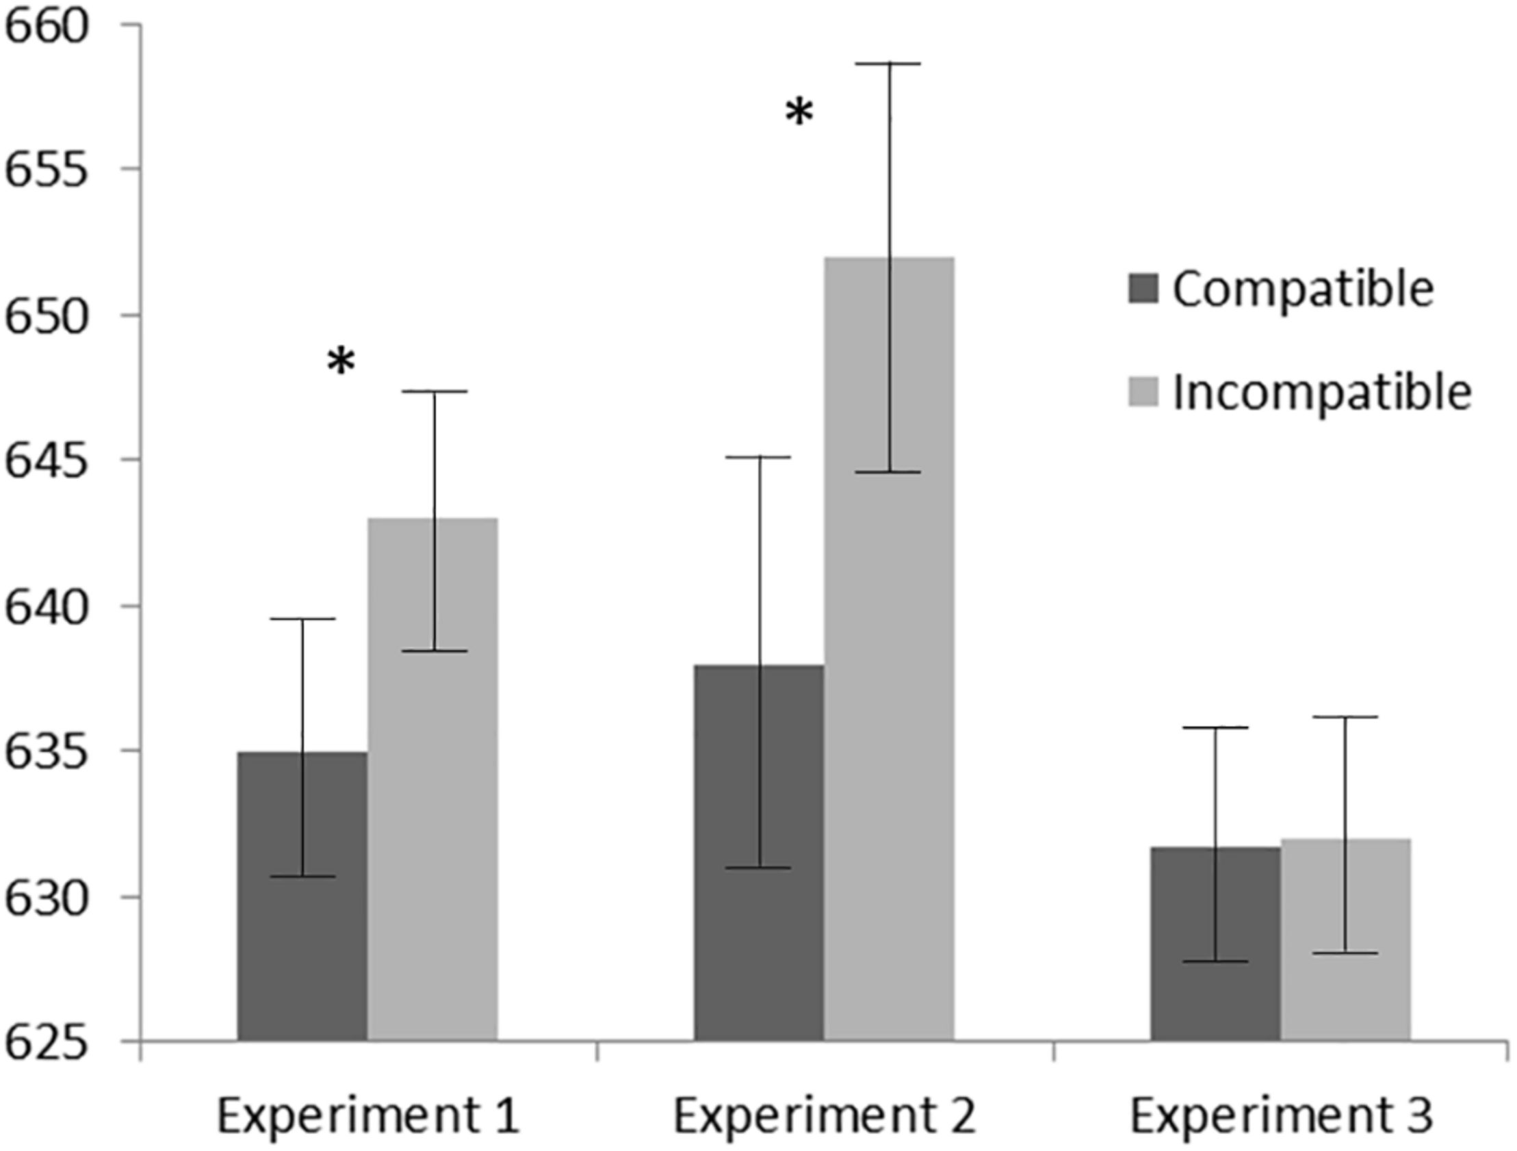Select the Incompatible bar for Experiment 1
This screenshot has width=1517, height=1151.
[432, 789]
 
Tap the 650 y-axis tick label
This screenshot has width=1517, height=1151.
[47, 315]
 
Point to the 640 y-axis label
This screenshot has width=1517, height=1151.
[47, 606]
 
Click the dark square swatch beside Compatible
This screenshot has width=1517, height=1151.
[1143, 289]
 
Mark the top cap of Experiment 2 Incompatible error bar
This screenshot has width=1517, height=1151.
[890, 63]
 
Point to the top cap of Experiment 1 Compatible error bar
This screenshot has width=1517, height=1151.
[302, 619]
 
